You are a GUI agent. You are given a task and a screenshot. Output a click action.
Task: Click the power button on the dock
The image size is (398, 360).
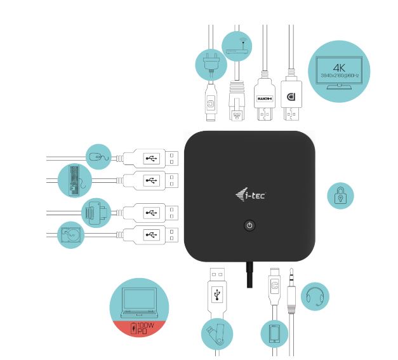[x=249, y=225]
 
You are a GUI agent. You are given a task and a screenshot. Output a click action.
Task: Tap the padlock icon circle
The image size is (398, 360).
[x=340, y=196]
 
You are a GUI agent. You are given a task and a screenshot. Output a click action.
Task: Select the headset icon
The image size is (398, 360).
[x=314, y=296]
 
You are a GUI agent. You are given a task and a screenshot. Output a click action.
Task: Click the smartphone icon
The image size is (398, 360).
[x=275, y=333]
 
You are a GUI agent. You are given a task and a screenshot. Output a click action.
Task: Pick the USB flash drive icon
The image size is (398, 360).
[x=217, y=333]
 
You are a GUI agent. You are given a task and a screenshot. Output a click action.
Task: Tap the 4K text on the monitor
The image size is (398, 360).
[x=339, y=67]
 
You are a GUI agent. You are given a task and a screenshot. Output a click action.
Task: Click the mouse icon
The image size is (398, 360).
[x=99, y=156]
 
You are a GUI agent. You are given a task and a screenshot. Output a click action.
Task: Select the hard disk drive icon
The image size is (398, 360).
[x=70, y=235]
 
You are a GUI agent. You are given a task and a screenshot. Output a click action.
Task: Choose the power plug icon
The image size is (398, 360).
[x=210, y=63]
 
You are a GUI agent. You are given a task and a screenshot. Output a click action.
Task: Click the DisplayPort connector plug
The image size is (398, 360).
[x=291, y=99]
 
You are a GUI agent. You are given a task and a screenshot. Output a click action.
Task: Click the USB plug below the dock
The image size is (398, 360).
[x=217, y=293]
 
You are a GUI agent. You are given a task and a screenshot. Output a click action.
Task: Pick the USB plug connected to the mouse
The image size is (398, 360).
[x=147, y=157]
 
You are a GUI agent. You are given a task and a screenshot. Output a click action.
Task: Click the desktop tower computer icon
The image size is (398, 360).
[x=71, y=180]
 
